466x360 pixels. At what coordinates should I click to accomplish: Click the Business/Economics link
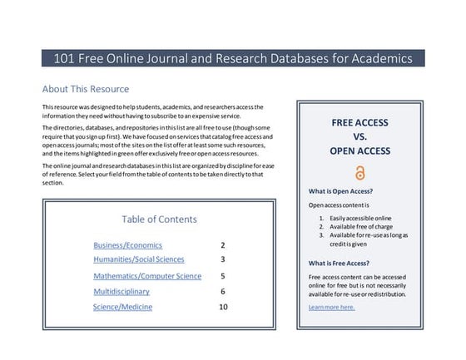pyautogui.click(x=127, y=245)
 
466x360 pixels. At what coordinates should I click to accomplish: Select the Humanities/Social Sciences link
pyautogui.click(x=138, y=259)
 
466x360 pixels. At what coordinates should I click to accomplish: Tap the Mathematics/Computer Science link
pyautogui.click(x=146, y=276)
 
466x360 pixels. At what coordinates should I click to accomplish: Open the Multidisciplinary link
pyautogui.click(x=121, y=292)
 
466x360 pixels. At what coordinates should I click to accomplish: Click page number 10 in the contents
pyautogui.click(x=223, y=308)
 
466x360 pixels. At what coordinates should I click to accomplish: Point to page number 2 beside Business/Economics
pyautogui.click(x=223, y=245)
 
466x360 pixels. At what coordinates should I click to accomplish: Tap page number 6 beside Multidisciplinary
pyautogui.click(x=223, y=292)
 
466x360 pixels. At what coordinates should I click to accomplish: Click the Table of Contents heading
pyautogui.click(x=159, y=219)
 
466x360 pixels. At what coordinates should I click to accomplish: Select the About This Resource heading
pyautogui.click(x=86, y=89)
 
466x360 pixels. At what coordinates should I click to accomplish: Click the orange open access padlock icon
pyautogui.click(x=359, y=173)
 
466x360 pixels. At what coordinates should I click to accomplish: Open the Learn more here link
pyautogui.click(x=331, y=308)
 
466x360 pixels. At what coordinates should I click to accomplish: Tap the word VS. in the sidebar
pyautogui.click(x=359, y=137)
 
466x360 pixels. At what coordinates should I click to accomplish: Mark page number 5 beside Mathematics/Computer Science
pyautogui.click(x=223, y=276)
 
